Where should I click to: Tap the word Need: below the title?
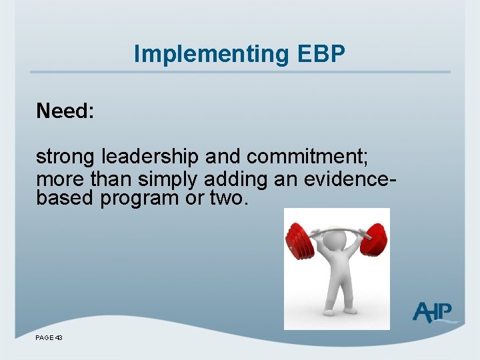coord(65,111)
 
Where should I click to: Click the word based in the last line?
coord(65,198)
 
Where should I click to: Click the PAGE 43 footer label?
coord(49,338)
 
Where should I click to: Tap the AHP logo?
coord(435,311)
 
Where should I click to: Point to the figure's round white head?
coord(337,249)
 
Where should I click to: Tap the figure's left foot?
coord(330,311)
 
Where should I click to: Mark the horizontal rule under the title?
coord(240,72)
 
